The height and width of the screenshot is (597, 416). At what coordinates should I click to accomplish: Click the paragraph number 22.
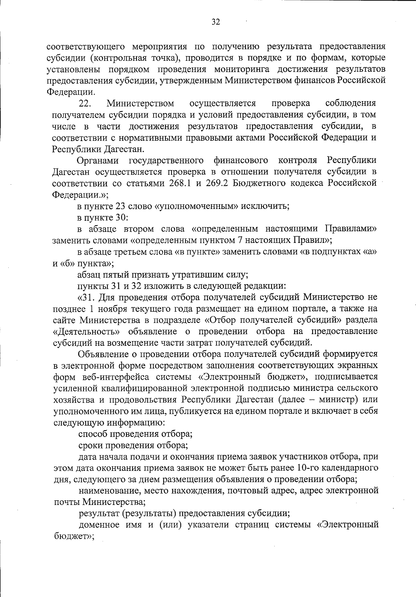tap(85, 103)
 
